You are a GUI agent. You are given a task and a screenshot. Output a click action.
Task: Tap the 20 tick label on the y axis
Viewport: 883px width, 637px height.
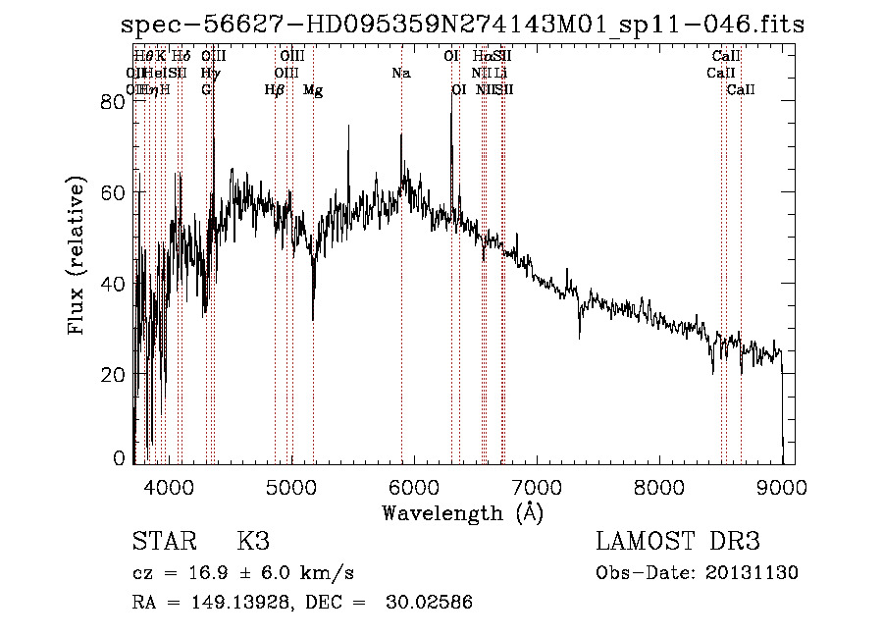[114, 374]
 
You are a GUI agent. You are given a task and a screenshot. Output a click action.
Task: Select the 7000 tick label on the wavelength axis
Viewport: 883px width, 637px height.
[536, 486]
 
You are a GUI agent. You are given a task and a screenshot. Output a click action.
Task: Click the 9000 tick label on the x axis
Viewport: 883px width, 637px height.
[782, 486]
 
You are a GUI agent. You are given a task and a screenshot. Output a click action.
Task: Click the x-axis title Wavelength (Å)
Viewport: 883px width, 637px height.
[462, 512]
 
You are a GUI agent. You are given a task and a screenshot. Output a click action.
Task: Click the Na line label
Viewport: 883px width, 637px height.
[400, 74]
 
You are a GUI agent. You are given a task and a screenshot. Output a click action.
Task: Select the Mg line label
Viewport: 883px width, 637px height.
[313, 90]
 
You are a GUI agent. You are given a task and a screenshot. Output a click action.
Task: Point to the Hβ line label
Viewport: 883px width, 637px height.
[275, 90]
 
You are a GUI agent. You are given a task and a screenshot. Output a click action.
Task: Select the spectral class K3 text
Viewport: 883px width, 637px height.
[252, 542]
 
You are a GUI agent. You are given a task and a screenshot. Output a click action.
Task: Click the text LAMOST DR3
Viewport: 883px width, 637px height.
[678, 542]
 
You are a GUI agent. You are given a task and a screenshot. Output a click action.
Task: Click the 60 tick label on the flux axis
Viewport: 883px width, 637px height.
[114, 192]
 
